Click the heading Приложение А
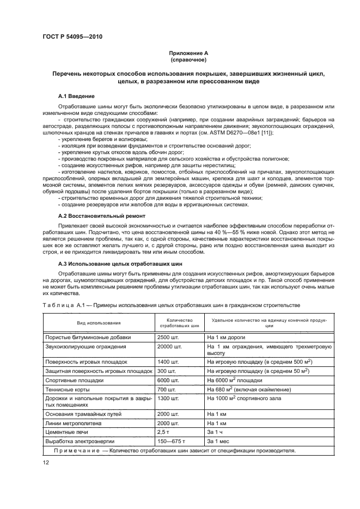pos(187,53)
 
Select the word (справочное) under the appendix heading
pos(187,59)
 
